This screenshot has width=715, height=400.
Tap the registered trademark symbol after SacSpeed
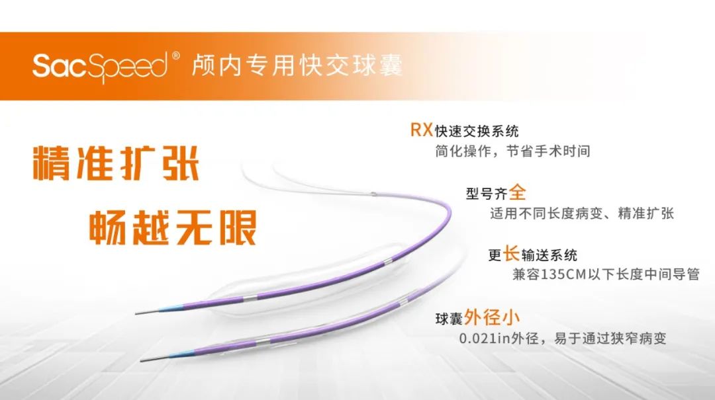pos(175,56)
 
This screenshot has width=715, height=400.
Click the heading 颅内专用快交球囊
pos(297,65)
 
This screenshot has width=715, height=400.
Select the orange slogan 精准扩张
pos(116,163)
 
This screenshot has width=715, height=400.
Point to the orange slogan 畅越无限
pos(173,227)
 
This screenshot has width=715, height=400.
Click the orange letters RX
pos(421,130)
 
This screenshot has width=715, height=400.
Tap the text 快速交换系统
pos(477,131)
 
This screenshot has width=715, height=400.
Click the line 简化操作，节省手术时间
pos(512,151)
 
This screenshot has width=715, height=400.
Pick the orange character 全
pos(517,192)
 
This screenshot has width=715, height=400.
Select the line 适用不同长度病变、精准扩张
pos(582,213)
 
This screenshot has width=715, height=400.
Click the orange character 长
pos(510,254)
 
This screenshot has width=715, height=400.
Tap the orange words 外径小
pos(491,317)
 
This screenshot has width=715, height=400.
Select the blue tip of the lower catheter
pos(181,352)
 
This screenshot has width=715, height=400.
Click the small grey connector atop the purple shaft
pos(373,194)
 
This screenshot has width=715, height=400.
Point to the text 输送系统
pos(549,255)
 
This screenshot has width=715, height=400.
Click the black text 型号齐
pos(486,194)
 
